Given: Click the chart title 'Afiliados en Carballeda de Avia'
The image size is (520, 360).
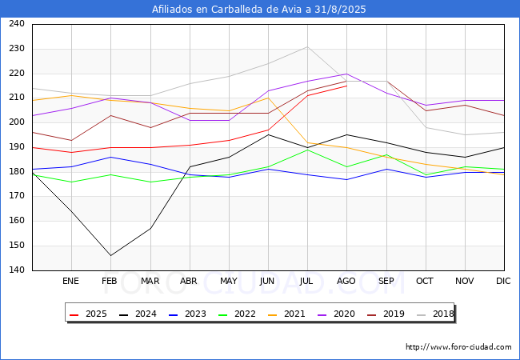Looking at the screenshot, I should tap(259, 9).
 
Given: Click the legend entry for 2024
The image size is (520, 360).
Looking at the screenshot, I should tap(135, 314).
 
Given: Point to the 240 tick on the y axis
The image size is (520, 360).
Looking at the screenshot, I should tap(16, 24).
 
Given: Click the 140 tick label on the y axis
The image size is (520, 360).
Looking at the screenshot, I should tap(16, 270).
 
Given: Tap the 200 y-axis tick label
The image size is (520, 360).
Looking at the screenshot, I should tap(16, 122).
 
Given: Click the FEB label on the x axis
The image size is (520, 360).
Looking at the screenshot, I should tap(110, 281).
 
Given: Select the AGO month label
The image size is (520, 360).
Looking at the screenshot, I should tap(346, 281).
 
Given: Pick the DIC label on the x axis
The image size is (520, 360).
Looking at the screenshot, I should tap(503, 281).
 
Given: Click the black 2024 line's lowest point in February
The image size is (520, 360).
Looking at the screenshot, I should tap(110, 255).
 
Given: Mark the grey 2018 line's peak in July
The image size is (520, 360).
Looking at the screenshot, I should tap(307, 46).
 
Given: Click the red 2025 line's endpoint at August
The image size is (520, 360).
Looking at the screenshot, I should tap(346, 86).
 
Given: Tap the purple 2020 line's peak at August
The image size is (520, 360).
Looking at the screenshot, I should tap(346, 74).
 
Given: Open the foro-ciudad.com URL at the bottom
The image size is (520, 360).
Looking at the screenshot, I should tap(458, 347).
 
